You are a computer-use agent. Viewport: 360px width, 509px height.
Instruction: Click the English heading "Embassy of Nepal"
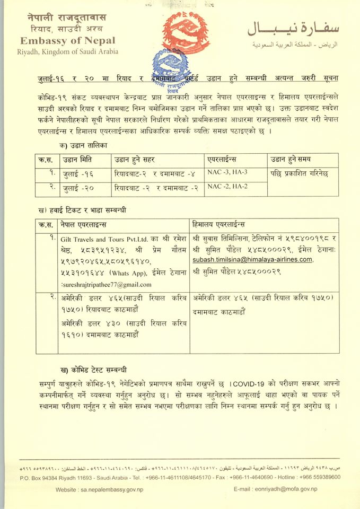click(x=69, y=40)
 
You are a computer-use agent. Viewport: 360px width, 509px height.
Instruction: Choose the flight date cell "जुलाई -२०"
click(x=79, y=187)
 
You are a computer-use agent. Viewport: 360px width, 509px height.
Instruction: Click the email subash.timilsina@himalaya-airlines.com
click(x=252, y=259)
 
